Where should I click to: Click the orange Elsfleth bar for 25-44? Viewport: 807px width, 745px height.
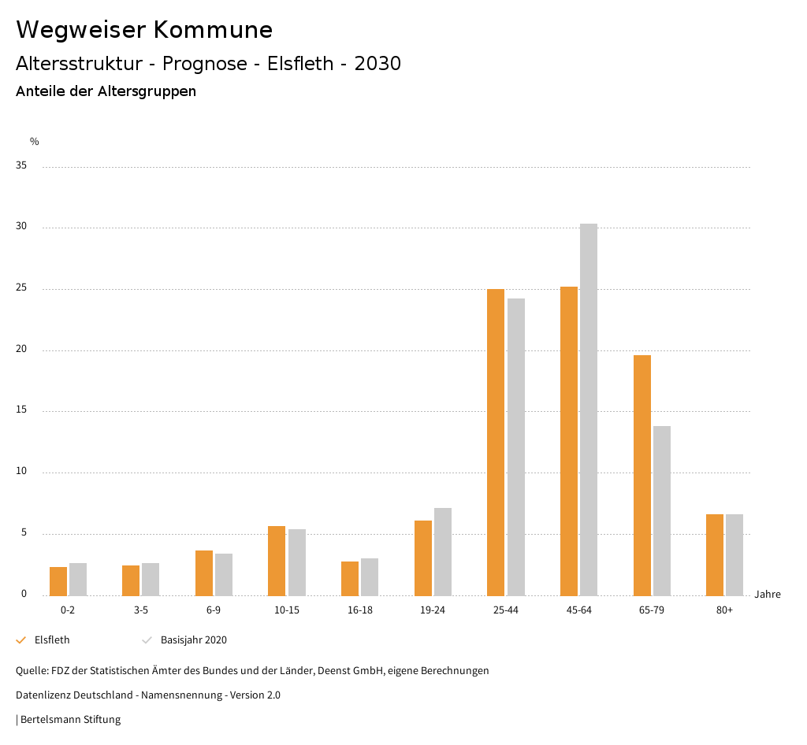[x=496, y=442]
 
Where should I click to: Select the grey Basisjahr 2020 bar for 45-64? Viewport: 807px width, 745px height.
[x=589, y=410]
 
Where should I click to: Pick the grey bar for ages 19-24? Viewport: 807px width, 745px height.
[x=443, y=551]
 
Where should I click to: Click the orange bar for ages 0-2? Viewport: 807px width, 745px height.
[x=58, y=581]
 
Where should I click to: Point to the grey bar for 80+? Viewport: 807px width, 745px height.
[x=734, y=554]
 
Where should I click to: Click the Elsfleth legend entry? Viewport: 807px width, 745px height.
[x=52, y=640]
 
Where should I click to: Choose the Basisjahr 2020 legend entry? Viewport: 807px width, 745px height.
[x=193, y=640]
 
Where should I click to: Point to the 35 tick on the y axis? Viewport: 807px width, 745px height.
[x=21, y=166]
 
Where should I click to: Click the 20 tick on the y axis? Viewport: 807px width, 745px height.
[x=21, y=350]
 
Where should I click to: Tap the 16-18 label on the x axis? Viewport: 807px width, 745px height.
[x=359, y=610]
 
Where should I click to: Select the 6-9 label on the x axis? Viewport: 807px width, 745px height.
[x=214, y=610]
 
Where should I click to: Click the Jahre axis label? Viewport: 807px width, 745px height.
[x=768, y=595]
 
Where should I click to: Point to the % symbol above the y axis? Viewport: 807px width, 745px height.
[x=35, y=142]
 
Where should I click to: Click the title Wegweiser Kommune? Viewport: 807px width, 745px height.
[x=144, y=30]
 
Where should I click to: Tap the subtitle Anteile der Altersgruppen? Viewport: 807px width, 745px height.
[x=106, y=91]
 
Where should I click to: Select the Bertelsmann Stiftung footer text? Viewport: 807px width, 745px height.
[x=70, y=720]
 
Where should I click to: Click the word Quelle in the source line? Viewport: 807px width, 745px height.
[x=31, y=671]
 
